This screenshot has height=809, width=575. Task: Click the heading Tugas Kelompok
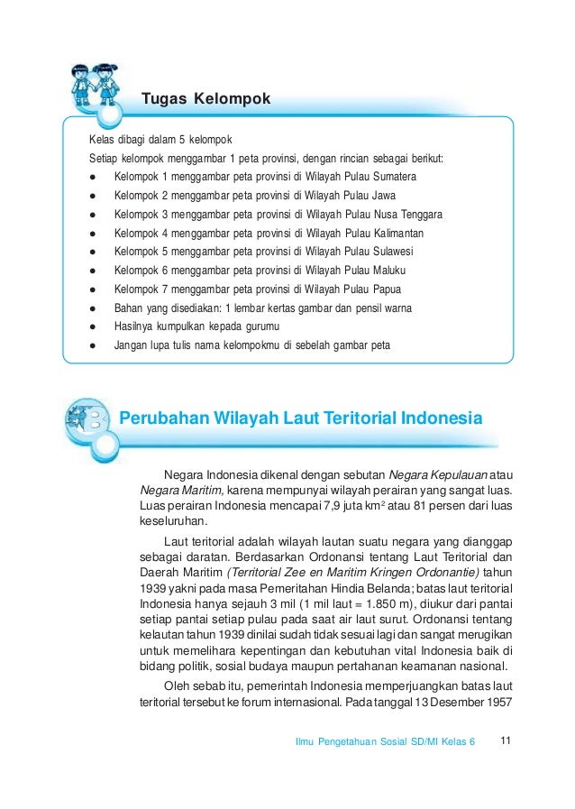(205, 97)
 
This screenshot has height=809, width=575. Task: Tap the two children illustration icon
(94, 84)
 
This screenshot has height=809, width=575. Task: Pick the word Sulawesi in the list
(388, 252)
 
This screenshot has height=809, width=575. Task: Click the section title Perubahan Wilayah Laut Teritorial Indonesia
(301, 418)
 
